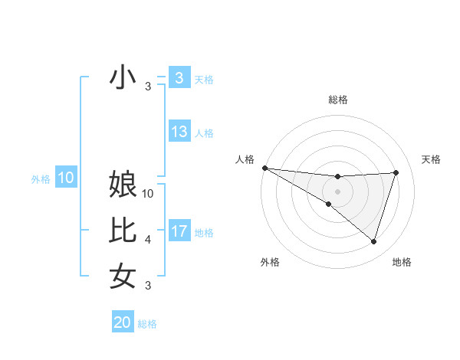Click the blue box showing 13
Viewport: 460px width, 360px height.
[x=179, y=132]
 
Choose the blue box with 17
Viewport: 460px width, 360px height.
[x=179, y=231]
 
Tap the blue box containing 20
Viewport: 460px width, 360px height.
[x=123, y=322]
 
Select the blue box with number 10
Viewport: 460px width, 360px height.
[x=66, y=178]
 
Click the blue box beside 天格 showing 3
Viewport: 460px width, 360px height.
[x=179, y=77]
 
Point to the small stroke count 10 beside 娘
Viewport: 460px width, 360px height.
[x=148, y=194]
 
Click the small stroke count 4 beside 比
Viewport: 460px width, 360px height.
[x=148, y=240]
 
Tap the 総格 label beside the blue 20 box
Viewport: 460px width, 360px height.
[x=147, y=324]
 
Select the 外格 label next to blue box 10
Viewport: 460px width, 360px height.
[x=41, y=179]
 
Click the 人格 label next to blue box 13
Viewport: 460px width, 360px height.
[x=204, y=133]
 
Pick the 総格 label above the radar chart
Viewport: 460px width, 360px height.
[x=337, y=100]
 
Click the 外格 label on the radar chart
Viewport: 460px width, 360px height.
[x=270, y=262]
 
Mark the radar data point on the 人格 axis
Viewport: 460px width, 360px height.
[x=264, y=168]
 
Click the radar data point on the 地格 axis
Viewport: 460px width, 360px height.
[x=373, y=241]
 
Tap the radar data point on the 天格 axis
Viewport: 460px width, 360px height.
[x=396, y=172]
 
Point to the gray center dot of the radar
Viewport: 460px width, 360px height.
[x=337, y=191]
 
